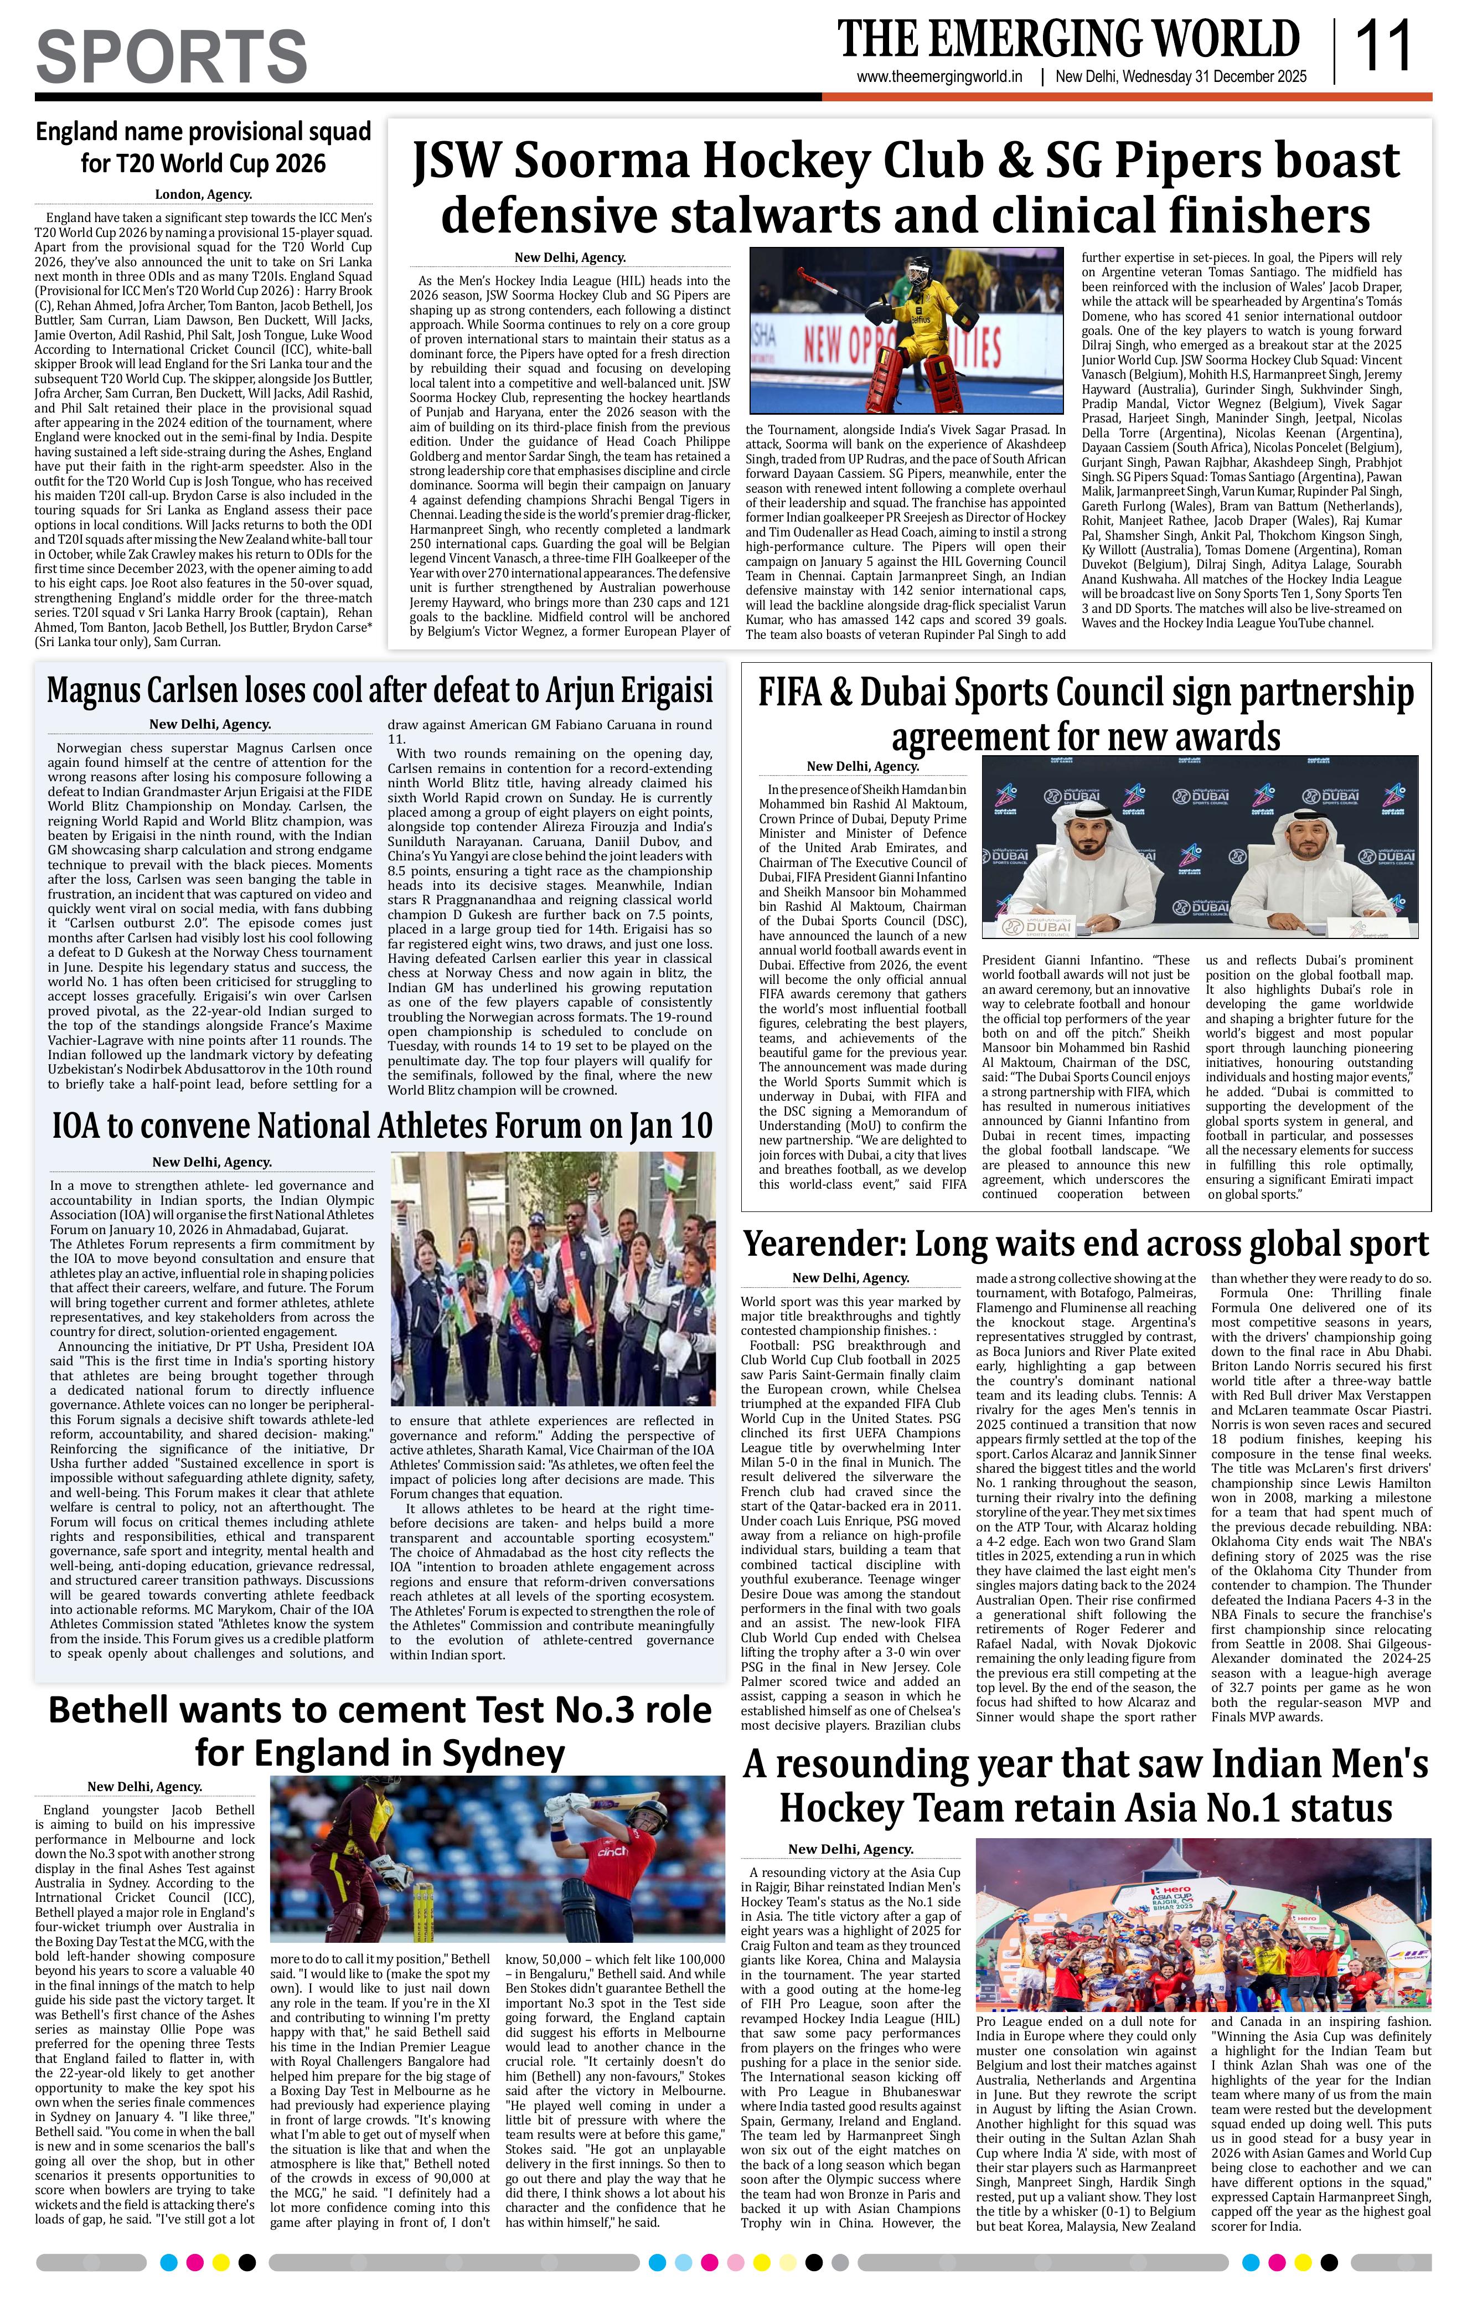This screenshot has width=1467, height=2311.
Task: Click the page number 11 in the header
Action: pyautogui.click(x=1382, y=48)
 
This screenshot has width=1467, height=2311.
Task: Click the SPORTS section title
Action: pyautogui.click(x=172, y=56)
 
